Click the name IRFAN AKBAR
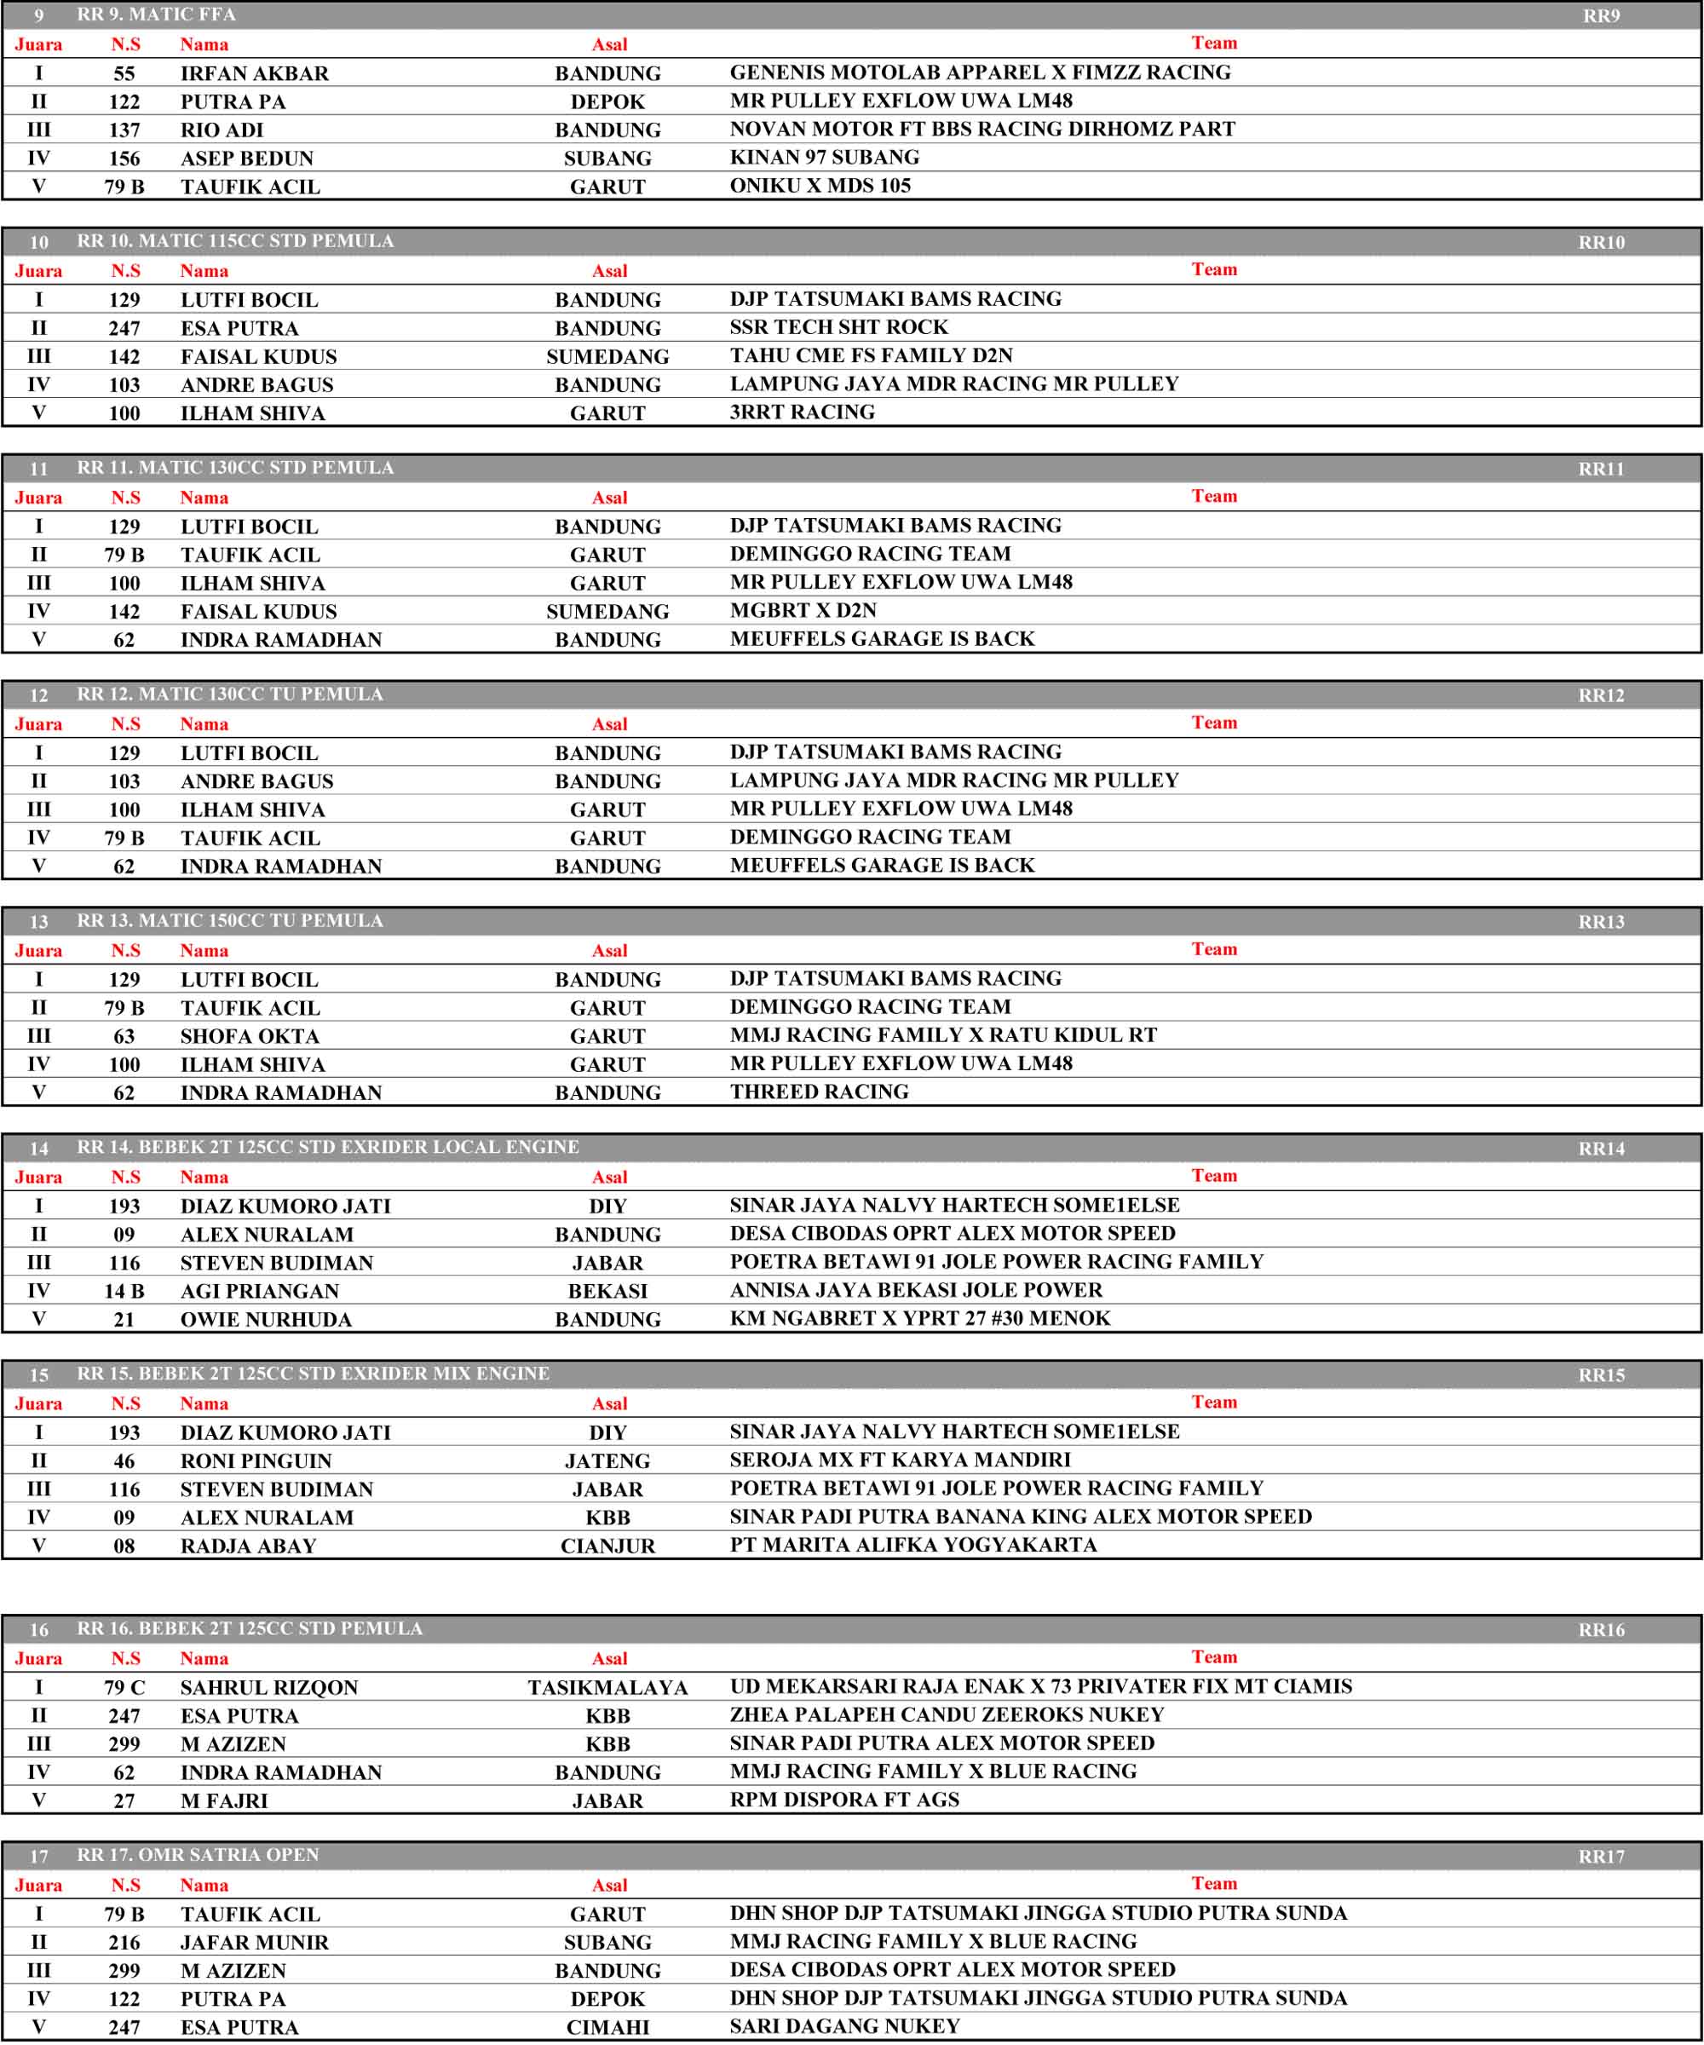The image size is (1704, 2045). coord(254,73)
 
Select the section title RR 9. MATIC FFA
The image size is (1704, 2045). coord(156,14)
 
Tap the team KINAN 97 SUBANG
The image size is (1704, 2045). coord(824,158)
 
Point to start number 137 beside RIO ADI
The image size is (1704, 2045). coord(124,130)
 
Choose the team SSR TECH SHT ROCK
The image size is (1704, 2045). coord(838,327)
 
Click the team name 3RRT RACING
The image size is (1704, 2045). coord(802,412)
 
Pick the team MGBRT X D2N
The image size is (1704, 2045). coord(803,611)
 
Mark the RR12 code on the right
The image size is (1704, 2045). coord(1601,695)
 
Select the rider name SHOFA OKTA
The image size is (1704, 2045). coord(250,1036)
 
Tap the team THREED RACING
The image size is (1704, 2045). coord(819,1092)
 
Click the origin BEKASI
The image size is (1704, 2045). coord(607,1291)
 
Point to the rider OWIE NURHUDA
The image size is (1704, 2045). coord(266,1320)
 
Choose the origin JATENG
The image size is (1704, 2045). coord(607,1460)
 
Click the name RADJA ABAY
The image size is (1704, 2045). coord(248,1546)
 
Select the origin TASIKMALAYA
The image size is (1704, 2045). coord(607,1688)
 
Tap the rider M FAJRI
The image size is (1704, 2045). coord(224,1800)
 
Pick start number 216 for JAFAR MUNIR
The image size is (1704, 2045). coord(124,1943)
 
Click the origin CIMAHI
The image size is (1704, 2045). coord(607,2027)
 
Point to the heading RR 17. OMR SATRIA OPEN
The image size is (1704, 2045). coord(198,1855)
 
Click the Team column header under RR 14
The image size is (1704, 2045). coord(1214,1175)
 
